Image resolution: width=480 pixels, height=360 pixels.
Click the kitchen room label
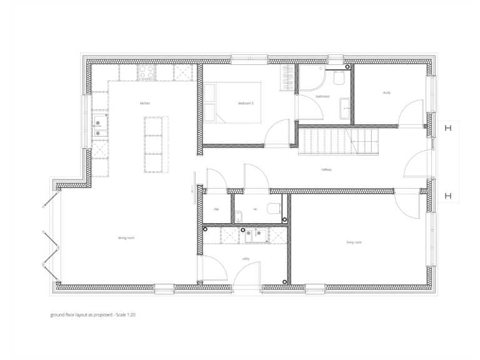coord(145,103)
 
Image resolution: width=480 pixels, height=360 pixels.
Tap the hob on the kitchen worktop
coord(147,72)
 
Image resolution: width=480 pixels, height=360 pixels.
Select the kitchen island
coord(153,144)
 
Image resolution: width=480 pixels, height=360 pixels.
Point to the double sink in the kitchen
coord(99,126)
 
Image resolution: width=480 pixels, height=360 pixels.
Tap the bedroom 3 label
coord(246,103)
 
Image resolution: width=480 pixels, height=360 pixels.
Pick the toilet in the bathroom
coord(339,77)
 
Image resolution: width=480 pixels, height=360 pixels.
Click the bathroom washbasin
coord(344,107)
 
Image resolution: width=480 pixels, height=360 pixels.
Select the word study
coord(387,93)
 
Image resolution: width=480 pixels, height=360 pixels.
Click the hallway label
coord(326,169)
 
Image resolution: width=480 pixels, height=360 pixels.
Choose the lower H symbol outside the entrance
coord(447,196)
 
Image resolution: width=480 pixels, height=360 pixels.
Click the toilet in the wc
coord(272,209)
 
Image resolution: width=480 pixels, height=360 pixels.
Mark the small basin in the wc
coord(239,217)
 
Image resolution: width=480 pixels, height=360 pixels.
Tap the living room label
coord(355,242)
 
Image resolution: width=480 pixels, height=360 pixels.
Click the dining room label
coord(126,238)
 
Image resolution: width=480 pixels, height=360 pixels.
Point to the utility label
coord(246,258)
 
